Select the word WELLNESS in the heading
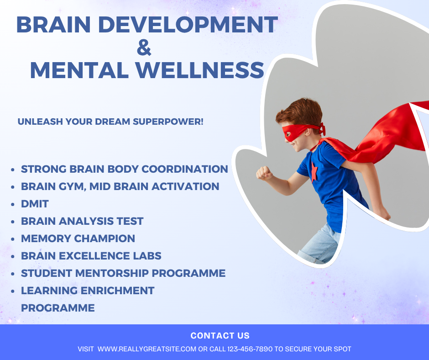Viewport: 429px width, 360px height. pos(200,70)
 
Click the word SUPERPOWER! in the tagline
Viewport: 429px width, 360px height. pos(168,122)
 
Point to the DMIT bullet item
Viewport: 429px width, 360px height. pos(35,204)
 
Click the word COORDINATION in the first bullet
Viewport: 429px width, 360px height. pos(185,169)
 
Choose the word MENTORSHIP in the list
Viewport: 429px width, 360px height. pos(112,273)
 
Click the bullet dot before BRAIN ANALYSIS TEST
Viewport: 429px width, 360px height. pos(13,222)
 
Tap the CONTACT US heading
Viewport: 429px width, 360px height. pos(220,336)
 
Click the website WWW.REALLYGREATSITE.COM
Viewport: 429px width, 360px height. pos(147,349)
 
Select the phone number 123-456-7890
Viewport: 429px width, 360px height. pos(250,349)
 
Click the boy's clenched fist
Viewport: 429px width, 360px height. pos(264,173)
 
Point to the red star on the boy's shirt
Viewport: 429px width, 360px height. pos(314,171)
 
